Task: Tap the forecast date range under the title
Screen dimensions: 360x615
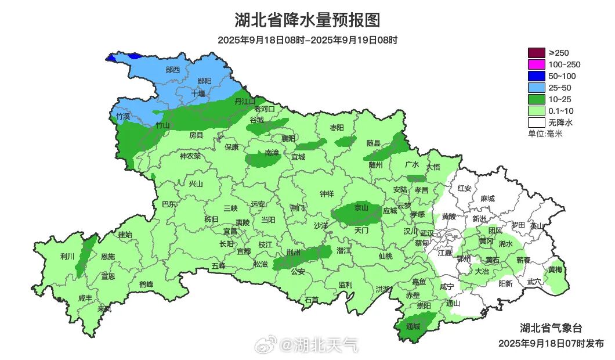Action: tap(307, 40)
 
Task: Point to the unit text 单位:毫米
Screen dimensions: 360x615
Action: tap(545, 134)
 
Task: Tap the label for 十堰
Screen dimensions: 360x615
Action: tap(199, 93)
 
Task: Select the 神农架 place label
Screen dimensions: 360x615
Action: tap(190, 156)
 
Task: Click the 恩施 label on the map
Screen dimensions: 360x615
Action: tap(107, 256)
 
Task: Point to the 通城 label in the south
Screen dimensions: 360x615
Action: tap(413, 326)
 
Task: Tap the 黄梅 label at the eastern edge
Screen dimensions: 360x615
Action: tap(555, 269)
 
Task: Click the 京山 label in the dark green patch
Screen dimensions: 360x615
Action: tap(361, 207)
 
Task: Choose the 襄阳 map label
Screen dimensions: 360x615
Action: tap(288, 138)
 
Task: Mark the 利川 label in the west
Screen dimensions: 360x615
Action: tap(67, 256)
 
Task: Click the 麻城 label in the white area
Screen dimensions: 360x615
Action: tap(487, 199)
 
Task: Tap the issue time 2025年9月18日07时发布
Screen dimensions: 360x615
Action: tap(551, 343)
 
